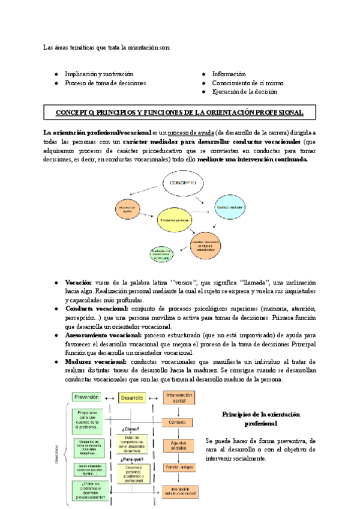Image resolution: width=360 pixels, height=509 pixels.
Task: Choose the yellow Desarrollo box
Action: tap(131, 397)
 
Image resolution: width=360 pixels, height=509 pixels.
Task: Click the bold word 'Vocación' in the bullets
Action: tap(78, 282)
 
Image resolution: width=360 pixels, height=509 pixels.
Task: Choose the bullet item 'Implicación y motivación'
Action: tap(100, 74)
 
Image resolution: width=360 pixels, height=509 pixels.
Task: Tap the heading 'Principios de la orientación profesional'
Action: tap(260, 419)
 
